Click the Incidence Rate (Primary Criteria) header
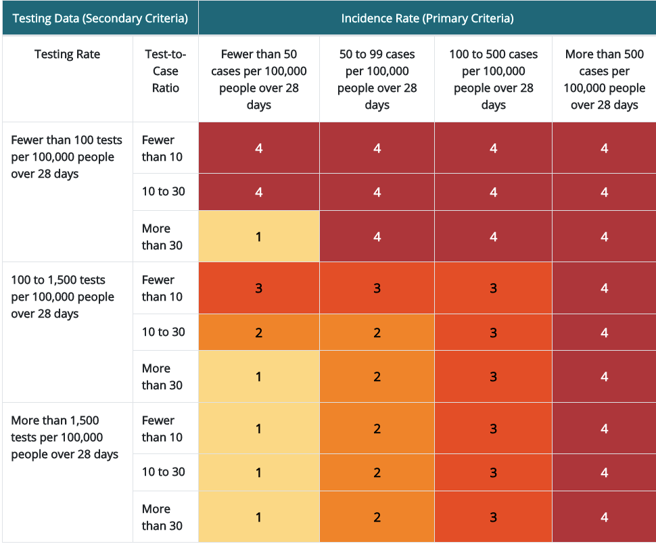(x=427, y=18)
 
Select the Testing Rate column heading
(x=67, y=55)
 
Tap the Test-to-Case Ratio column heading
(x=166, y=71)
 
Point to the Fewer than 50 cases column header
(x=259, y=79)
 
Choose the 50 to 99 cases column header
(x=377, y=79)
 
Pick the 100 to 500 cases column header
(x=493, y=79)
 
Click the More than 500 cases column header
(x=604, y=79)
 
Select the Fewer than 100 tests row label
(x=66, y=157)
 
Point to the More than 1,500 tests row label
(x=64, y=437)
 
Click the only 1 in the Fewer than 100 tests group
(x=259, y=237)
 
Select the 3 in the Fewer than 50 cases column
(x=259, y=288)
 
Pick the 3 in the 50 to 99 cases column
(x=377, y=288)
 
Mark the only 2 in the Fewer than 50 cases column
(x=259, y=332)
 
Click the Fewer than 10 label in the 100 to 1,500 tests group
(x=162, y=288)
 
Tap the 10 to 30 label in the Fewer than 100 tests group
(x=163, y=191)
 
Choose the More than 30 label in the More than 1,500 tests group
(x=162, y=517)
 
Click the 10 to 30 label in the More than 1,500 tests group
(x=163, y=472)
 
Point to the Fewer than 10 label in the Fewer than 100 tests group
(x=162, y=148)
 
